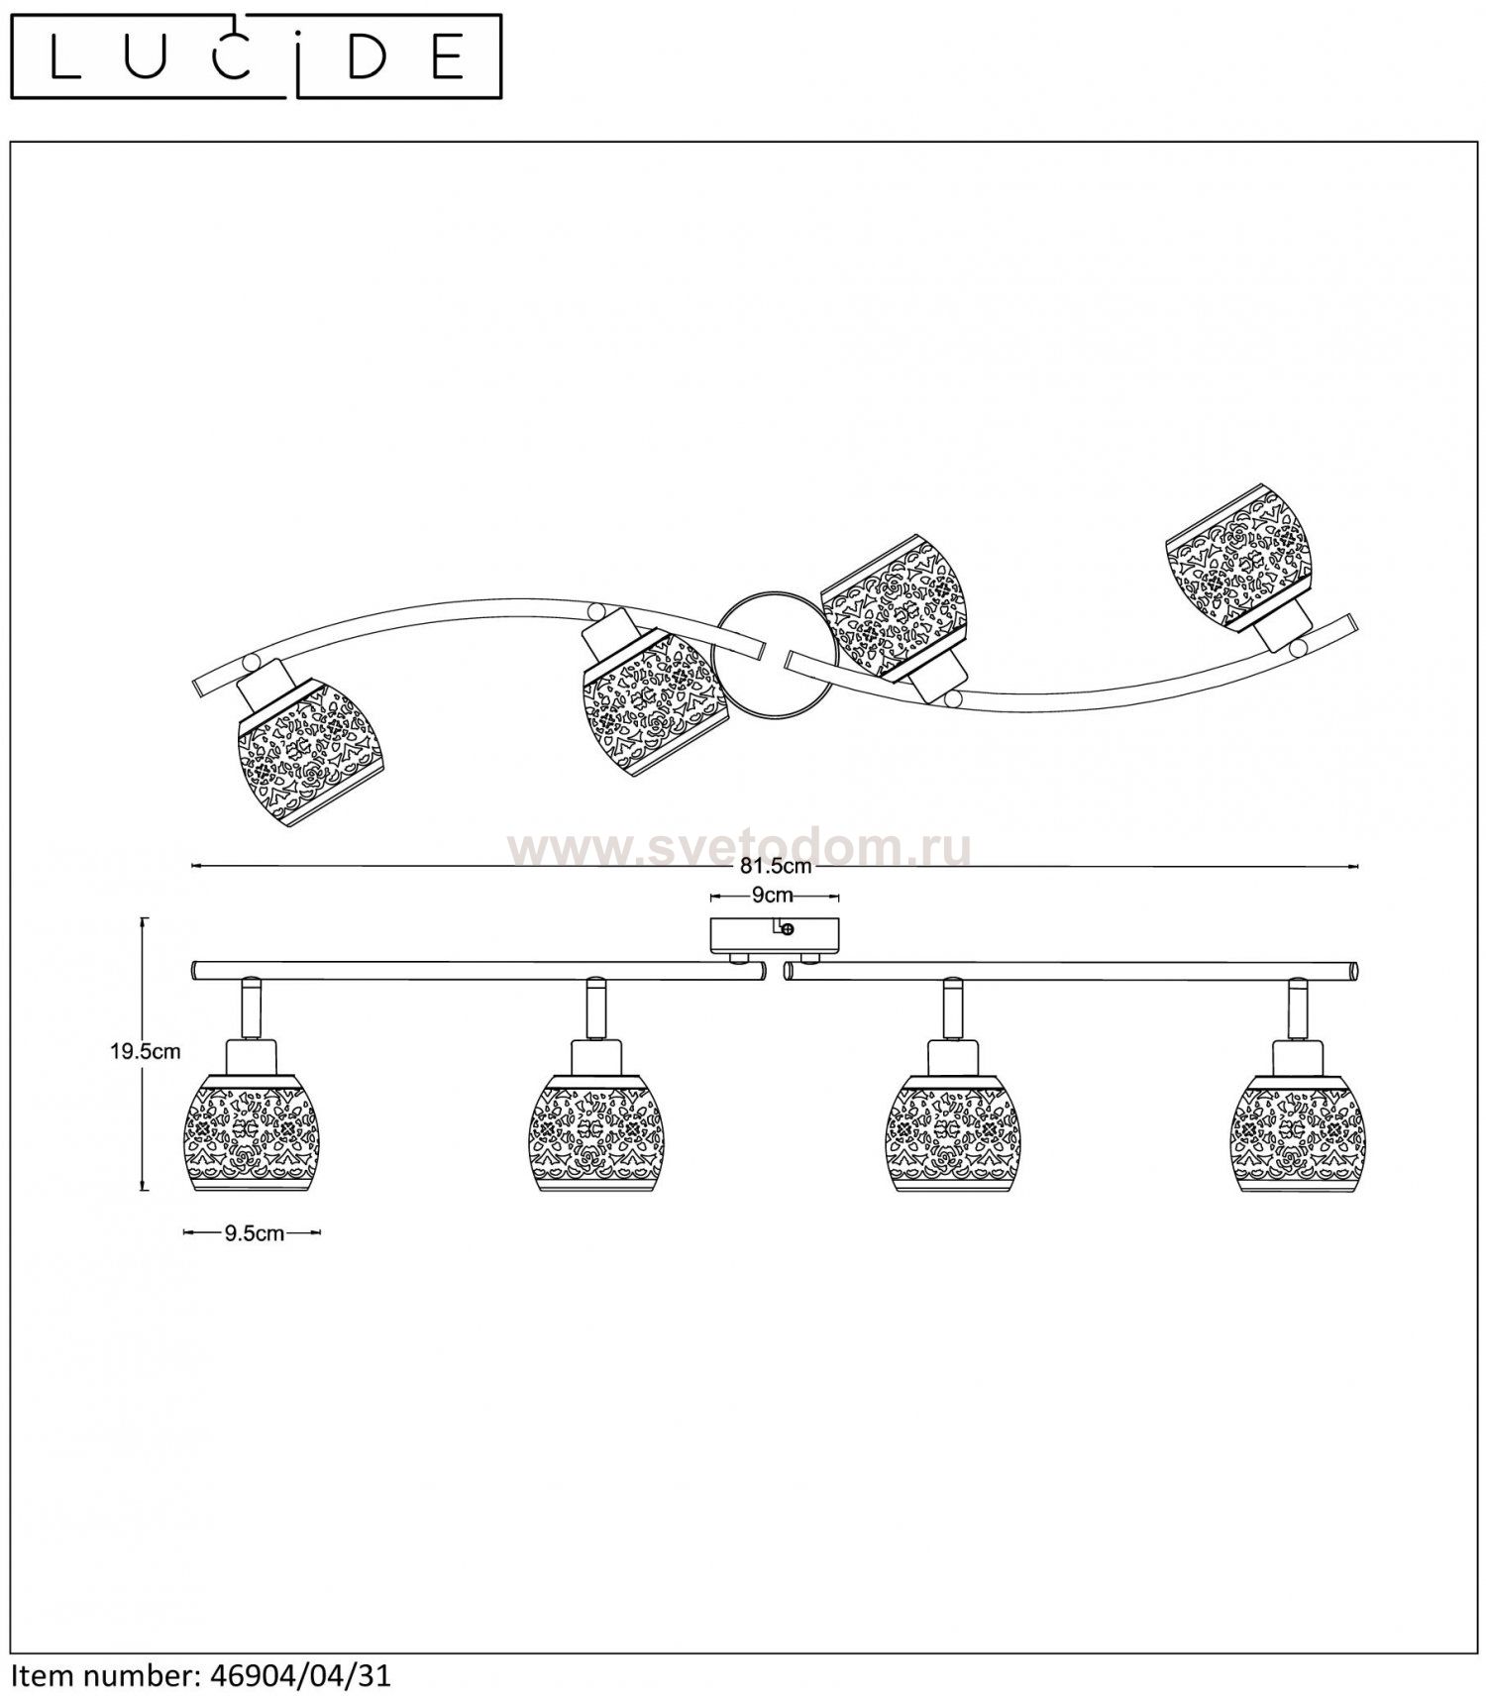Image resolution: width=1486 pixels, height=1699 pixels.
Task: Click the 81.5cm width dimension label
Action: (x=776, y=866)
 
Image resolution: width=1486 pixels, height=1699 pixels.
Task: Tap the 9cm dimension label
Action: (x=773, y=896)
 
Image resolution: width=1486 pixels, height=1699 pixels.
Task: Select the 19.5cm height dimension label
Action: (x=145, y=1052)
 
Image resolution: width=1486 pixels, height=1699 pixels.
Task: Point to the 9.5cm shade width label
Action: (x=254, y=1233)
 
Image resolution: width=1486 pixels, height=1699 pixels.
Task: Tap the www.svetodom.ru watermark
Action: (x=738, y=847)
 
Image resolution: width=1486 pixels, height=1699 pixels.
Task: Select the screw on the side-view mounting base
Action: (x=788, y=929)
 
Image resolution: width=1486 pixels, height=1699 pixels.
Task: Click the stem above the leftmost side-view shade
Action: (x=249, y=1009)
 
